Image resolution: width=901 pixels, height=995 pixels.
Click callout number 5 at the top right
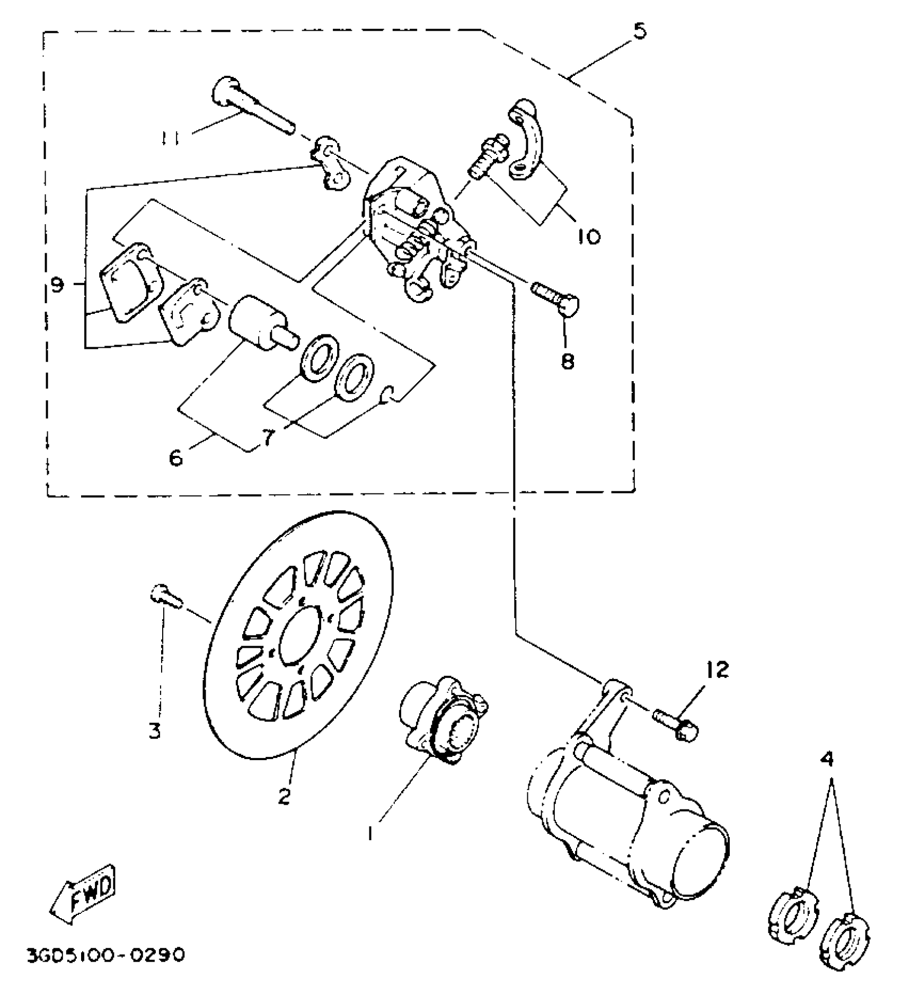[x=640, y=32]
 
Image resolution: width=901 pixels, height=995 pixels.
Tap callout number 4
[x=827, y=761]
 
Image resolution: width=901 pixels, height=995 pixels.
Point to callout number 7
[x=269, y=438]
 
